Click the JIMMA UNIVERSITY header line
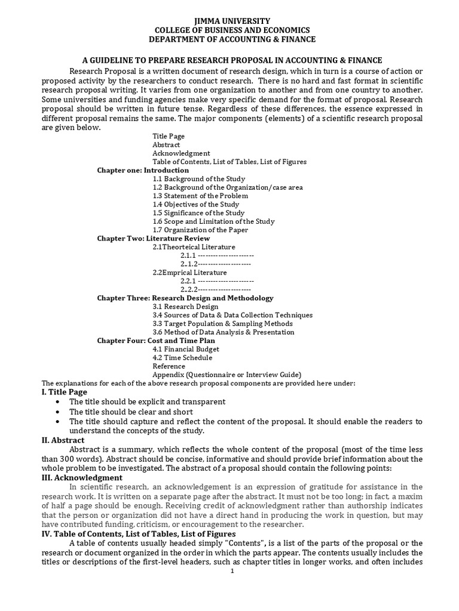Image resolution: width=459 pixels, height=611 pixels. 229,21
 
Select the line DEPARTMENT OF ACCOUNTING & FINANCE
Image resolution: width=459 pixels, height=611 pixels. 229,39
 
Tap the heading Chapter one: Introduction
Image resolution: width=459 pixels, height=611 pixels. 143,170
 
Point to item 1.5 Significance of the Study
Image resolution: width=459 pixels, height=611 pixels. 198,213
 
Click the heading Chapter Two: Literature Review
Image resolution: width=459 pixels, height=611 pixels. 154,238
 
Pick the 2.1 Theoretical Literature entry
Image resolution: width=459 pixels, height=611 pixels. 194,247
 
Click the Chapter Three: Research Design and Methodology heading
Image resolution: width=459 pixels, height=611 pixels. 185,298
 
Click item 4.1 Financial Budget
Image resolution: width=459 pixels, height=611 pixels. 186,349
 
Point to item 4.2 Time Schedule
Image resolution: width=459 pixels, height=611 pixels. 182,357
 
